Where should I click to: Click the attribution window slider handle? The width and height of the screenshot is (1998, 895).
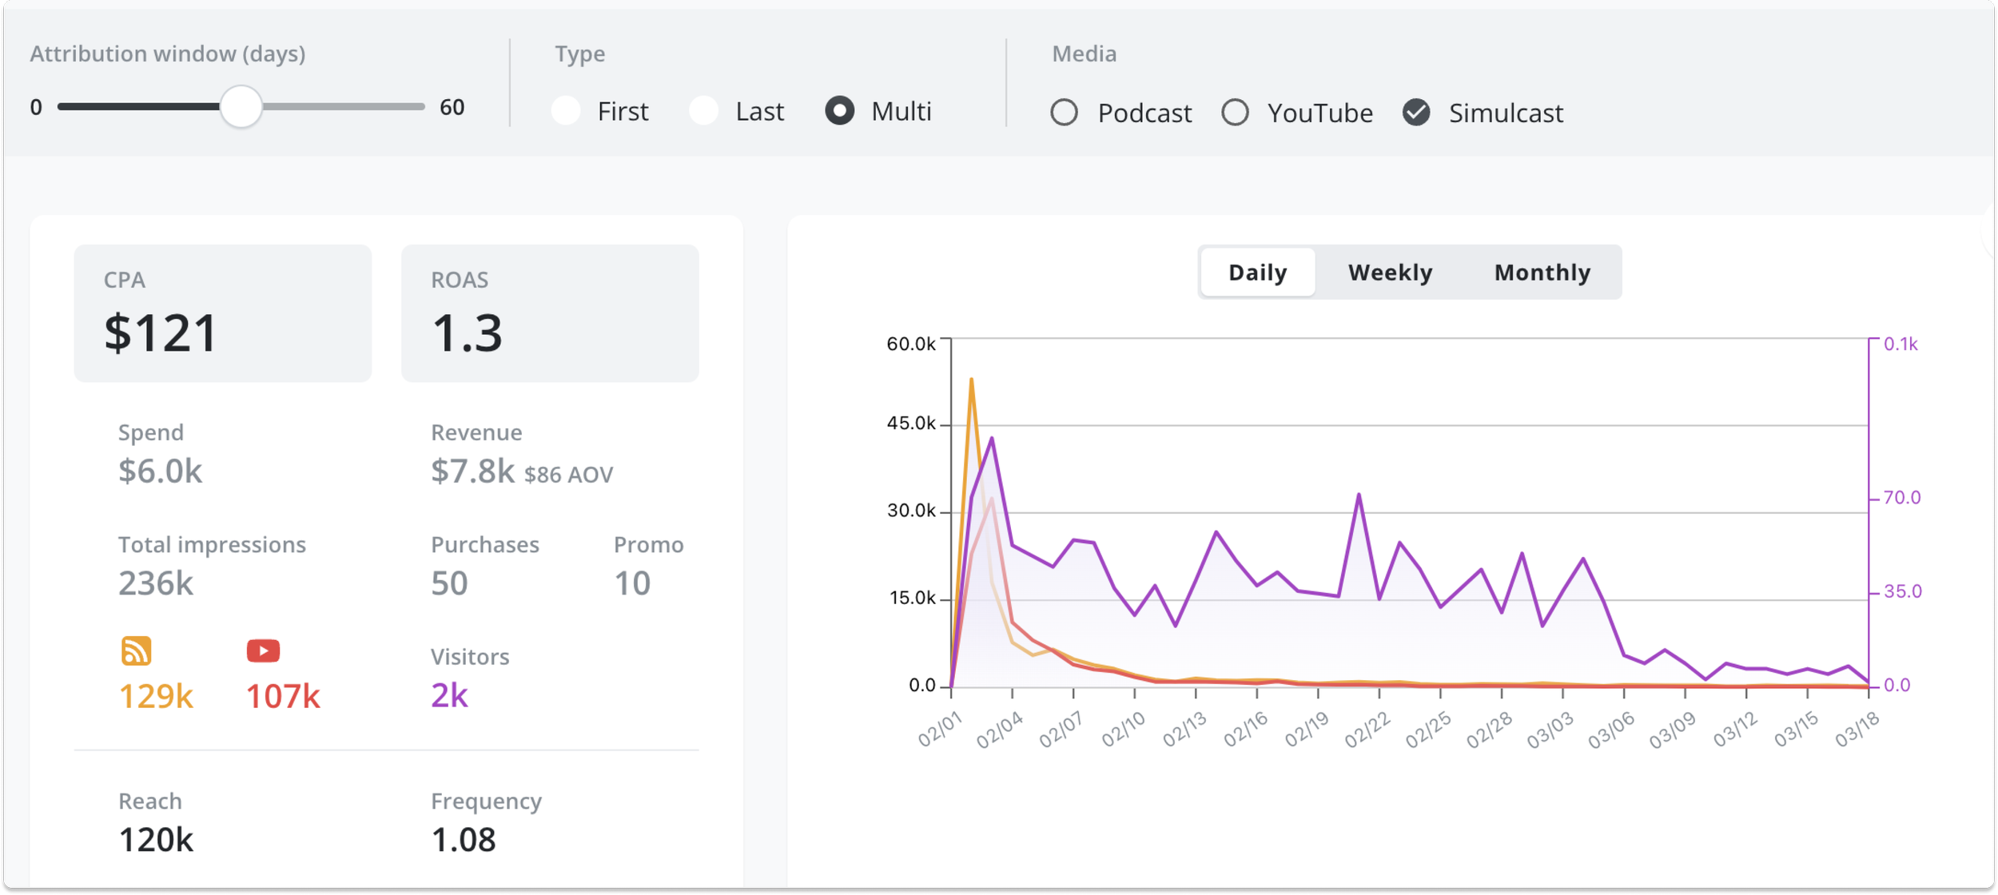click(241, 107)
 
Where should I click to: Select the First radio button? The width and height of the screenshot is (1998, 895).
click(566, 110)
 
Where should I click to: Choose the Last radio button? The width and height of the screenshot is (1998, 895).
click(704, 110)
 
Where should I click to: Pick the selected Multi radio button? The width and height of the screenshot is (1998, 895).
click(839, 110)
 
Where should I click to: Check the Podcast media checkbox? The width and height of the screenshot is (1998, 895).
click(1064, 113)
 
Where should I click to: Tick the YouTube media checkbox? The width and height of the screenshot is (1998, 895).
click(1235, 113)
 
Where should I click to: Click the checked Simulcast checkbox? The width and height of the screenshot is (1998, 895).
click(1416, 113)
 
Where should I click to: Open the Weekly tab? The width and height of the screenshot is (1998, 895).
click(1390, 272)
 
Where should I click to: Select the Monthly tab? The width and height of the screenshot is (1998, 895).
click(1542, 272)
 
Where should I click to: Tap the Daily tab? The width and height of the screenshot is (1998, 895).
click(1257, 272)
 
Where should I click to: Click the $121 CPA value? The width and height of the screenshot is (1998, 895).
click(161, 332)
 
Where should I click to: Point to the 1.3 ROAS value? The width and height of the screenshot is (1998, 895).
click(467, 332)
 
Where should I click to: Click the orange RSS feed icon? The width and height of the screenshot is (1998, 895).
click(136, 650)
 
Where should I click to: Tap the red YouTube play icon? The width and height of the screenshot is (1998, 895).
click(263, 650)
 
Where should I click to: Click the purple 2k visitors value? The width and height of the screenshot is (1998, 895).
click(449, 695)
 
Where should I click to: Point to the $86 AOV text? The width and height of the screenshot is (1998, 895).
click(568, 475)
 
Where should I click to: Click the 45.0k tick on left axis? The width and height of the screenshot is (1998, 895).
click(910, 424)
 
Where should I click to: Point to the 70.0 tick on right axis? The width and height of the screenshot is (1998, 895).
click(1901, 498)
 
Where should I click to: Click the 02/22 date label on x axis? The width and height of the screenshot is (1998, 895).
click(1367, 730)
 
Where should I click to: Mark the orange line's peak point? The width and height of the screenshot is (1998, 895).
click(971, 380)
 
